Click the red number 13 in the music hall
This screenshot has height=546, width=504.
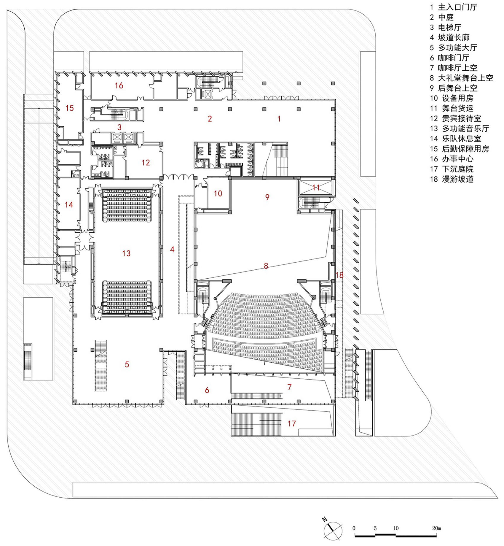click(x=126, y=253)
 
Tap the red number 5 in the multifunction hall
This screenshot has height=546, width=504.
click(x=127, y=364)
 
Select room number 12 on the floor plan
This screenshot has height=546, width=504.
click(x=146, y=163)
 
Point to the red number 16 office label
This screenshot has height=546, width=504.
click(x=119, y=86)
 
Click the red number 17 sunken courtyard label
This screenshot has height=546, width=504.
click(x=291, y=423)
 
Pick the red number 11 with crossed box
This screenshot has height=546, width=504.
click(x=316, y=188)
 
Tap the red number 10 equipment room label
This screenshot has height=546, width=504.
click(x=218, y=194)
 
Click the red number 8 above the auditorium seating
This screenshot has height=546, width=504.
click(x=266, y=266)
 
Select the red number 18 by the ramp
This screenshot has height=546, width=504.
click(x=339, y=275)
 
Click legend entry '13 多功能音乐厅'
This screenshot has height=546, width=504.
click(x=460, y=128)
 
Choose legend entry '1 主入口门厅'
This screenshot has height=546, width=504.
click(x=454, y=7)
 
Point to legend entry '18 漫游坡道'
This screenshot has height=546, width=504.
click(x=452, y=179)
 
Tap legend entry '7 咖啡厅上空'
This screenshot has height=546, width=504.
click(x=454, y=68)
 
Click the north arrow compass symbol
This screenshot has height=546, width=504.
click(x=333, y=531)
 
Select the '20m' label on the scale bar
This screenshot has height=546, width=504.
click(x=436, y=528)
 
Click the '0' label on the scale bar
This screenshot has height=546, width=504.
click(x=354, y=528)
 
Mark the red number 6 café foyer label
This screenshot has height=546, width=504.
click(x=207, y=390)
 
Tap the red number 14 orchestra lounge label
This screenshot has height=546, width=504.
click(x=69, y=205)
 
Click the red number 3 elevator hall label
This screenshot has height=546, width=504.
click(x=119, y=127)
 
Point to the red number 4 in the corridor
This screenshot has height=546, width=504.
click(x=172, y=250)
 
